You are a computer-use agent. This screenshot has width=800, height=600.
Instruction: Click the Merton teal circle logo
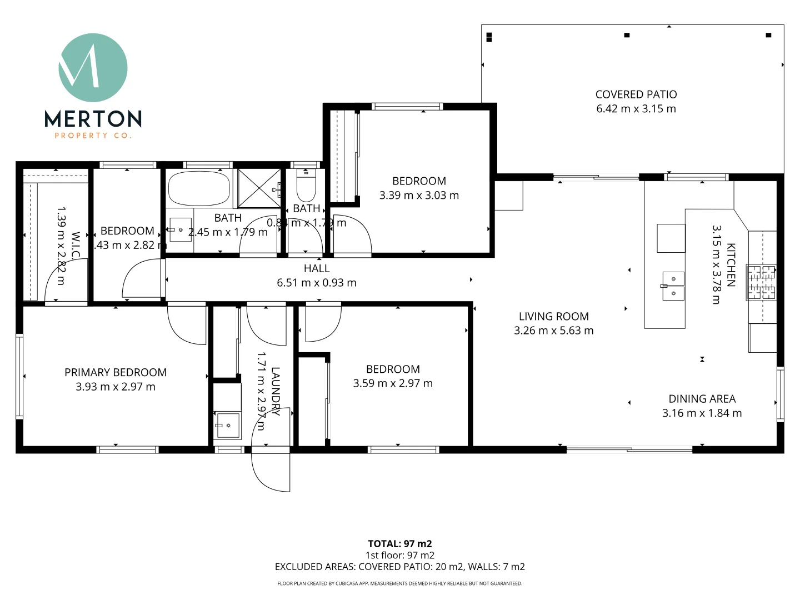93,67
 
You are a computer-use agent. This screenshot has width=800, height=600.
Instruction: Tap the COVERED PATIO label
636,94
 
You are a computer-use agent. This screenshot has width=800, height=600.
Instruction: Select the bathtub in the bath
199,189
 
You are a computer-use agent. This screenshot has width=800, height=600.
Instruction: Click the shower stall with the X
259,189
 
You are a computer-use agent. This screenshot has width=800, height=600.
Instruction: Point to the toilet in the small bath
306,186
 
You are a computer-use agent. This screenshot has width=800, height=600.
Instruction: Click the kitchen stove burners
761,282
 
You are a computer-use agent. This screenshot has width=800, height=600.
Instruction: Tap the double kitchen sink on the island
673,286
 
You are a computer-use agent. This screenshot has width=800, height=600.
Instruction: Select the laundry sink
227,426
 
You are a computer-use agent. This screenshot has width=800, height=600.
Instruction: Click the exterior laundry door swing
271,469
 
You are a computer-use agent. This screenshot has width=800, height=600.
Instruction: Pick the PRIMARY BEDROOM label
116,372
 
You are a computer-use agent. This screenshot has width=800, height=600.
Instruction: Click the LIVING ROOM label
553,317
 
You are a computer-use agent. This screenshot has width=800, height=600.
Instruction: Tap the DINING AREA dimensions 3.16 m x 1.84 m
702,413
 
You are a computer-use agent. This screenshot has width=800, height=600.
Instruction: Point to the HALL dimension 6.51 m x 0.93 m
317,283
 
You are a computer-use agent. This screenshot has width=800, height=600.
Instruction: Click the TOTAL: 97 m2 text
399,544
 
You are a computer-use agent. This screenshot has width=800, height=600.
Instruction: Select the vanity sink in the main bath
180,229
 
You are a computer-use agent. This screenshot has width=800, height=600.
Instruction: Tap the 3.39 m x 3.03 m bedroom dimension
419,196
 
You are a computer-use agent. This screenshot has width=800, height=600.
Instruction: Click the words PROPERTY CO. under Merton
93,136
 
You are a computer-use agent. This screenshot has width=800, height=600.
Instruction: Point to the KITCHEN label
731,264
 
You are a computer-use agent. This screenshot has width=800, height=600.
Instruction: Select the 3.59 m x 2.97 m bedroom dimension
393,383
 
